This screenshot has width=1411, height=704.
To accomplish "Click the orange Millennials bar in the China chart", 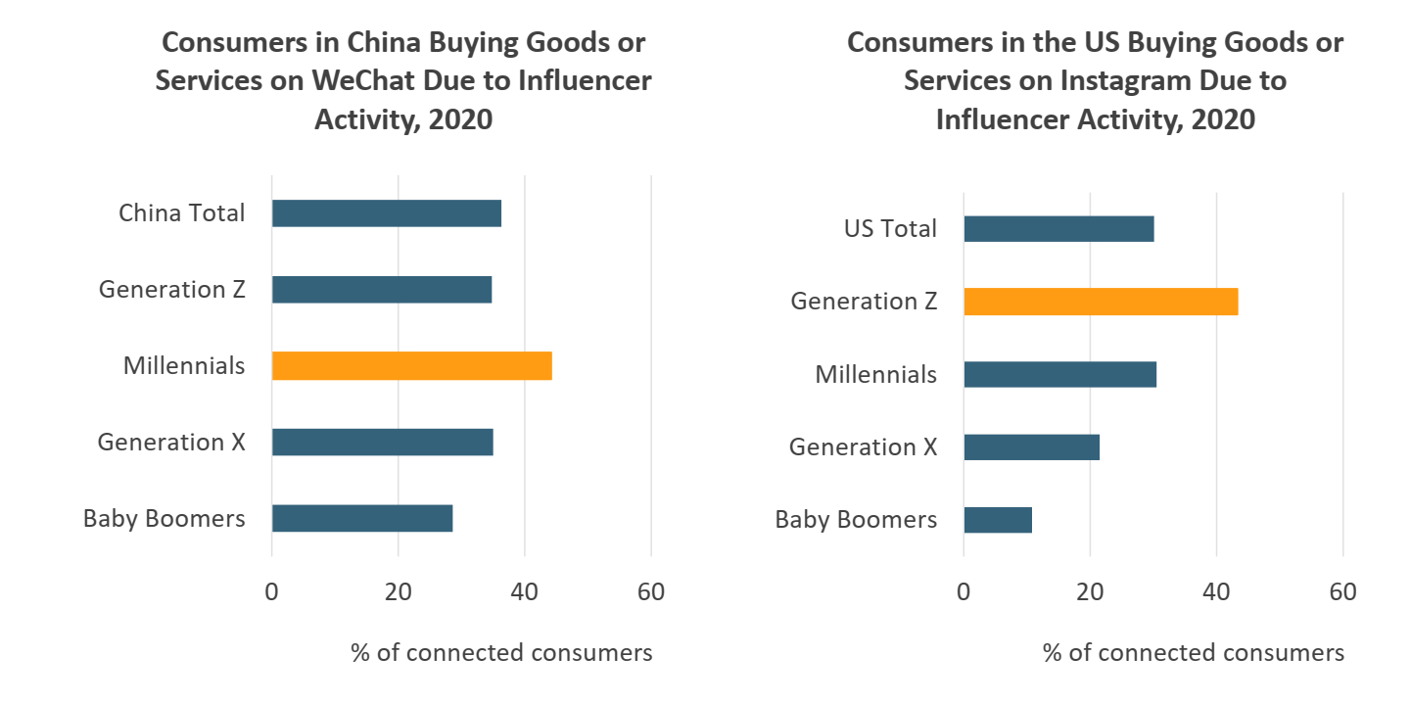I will click(x=411, y=366).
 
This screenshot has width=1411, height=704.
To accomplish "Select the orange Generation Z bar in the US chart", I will click(x=1101, y=302).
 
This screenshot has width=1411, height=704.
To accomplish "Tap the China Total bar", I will click(x=387, y=213).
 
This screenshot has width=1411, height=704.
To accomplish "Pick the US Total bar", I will click(x=1058, y=229).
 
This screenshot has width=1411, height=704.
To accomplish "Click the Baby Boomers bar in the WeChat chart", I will click(x=362, y=518).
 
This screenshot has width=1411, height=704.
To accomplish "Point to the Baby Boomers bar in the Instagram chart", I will click(x=998, y=520).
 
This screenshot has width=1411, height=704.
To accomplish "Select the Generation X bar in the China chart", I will click(x=382, y=443).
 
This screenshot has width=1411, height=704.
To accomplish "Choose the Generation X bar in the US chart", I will click(x=1031, y=447).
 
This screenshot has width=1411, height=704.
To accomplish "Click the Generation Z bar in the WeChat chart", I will click(x=382, y=290).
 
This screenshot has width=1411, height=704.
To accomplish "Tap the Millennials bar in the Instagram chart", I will click(x=1059, y=375).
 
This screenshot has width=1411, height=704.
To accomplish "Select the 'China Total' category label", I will click(x=182, y=213).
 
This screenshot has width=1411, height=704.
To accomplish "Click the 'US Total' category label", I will click(x=890, y=229).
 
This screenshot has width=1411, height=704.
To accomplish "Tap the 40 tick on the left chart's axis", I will click(x=524, y=592).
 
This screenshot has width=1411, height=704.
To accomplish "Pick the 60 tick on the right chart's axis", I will click(x=1342, y=592).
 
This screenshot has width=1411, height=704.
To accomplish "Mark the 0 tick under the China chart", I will click(x=271, y=592).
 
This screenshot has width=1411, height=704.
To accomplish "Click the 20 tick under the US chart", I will click(x=1090, y=592).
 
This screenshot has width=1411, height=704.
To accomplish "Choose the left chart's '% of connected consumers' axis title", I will click(x=501, y=652).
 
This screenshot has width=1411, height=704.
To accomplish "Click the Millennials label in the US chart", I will click(x=875, y=375).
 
